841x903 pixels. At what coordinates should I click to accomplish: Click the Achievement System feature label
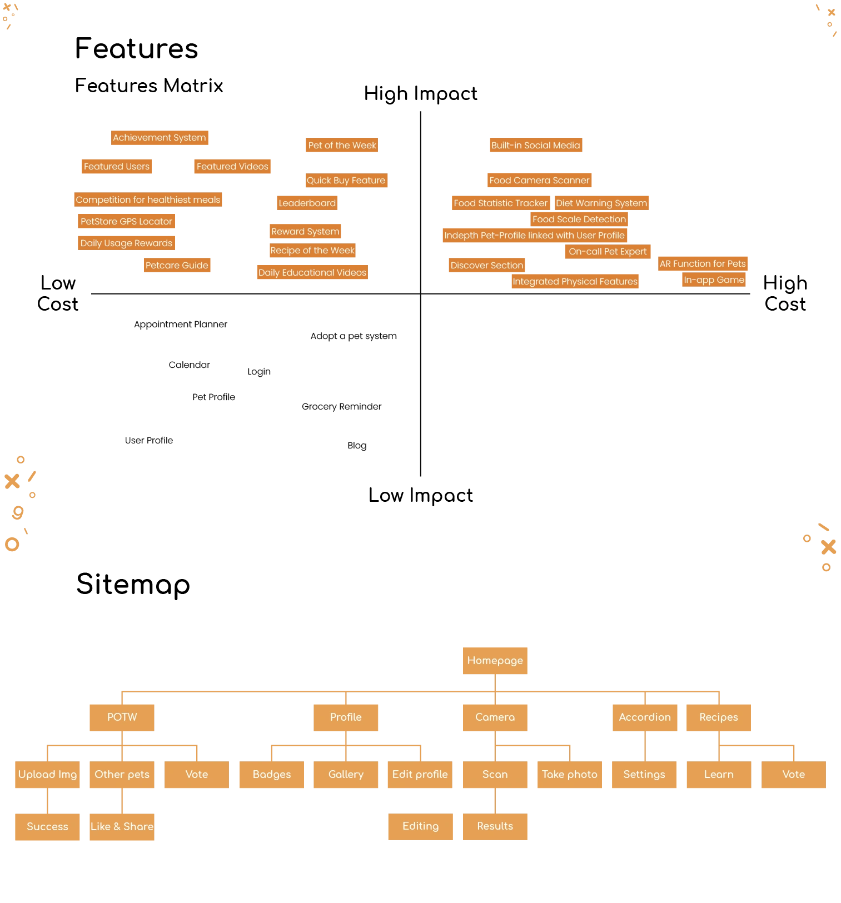click(x=160, y=137)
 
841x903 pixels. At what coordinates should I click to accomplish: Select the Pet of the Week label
click(x=342, y=146)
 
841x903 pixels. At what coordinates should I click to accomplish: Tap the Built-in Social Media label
click(x=535, y=146)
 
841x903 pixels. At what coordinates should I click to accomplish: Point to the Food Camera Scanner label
click(x=539, y=180)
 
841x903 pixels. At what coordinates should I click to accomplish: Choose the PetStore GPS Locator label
click(x=126, y=221)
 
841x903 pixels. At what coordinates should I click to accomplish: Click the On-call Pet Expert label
click(x=608, y=252)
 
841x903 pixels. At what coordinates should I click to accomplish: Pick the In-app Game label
click(x=714, y=280)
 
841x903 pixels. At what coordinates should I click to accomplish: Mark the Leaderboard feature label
click(x=307, y=203)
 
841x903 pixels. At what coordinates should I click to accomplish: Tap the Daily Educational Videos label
click(x=312, y=272)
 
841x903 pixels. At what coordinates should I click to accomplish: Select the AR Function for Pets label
click(x=703, y=263)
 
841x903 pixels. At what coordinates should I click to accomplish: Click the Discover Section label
click(x=486, y=266)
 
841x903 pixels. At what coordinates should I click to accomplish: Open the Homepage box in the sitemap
click(x=495, y=660)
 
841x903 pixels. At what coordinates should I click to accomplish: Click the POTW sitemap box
click(x=122, y=717)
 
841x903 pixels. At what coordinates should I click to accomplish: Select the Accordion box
click(x=644, y=717)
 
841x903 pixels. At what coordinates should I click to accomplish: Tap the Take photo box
click(x=569, y=775)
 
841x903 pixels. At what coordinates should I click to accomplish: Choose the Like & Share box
click(x=122, y=827)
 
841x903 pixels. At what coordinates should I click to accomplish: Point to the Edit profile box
click(x=420, y=775)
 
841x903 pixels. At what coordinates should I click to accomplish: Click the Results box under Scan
click(x=495, y=826)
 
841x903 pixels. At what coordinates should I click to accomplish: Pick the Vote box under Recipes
click(x=793, y=775)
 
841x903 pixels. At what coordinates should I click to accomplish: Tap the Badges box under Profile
click(x=271, y=775)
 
